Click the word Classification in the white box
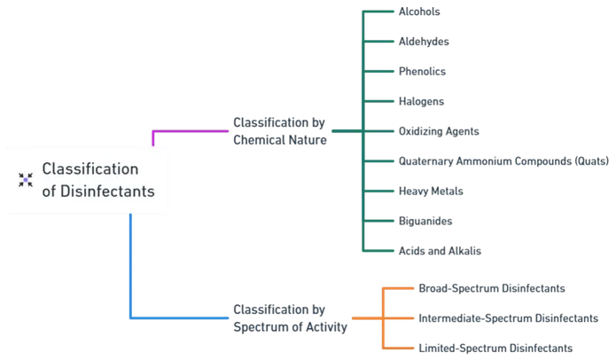click(91, 168)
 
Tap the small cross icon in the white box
click(26, 179)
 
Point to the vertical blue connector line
click(131, 266)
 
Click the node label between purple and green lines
click(277, 130)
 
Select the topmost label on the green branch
click(422, 12)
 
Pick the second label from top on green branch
click(425, 42)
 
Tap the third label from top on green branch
click(423, 72)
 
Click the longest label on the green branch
click(503, 162)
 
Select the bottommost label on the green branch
click(440, 250)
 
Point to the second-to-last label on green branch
click(425, 220)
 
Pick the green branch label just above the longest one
click(440, 133)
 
